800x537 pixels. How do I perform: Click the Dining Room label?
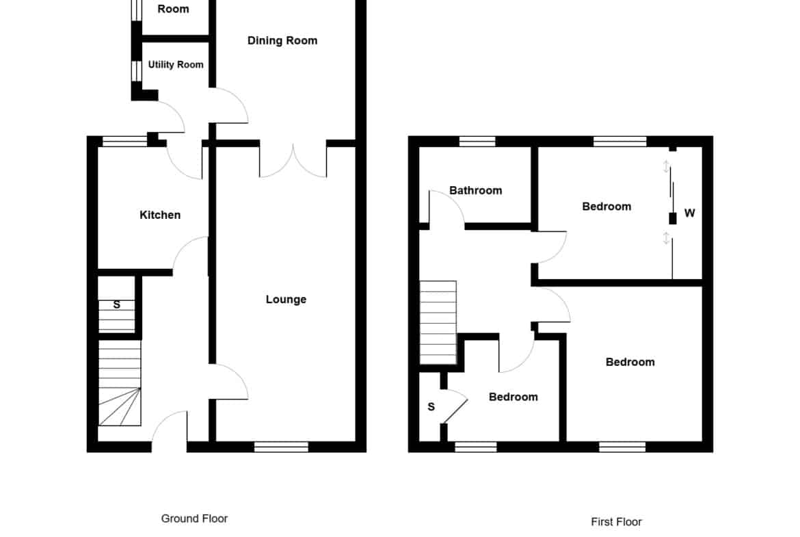(282, 41)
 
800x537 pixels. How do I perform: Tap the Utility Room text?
(176, 65)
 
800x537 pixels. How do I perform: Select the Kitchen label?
(160, 215)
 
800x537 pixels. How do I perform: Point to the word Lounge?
(286, 300)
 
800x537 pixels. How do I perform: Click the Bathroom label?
(475, 190)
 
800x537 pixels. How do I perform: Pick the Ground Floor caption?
(194, 519)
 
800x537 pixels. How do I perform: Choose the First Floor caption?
(616, 522)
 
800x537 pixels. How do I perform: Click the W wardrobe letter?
(689, 213)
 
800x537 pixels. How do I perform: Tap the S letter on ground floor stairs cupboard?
(117, 304)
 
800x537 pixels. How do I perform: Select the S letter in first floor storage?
(431, 407)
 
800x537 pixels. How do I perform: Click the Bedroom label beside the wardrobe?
(606, 207)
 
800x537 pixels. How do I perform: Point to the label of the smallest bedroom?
(514, 397)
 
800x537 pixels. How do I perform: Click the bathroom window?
(477, 142)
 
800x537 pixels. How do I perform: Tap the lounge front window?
(282, 447)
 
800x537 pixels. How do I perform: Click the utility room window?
(136, 71)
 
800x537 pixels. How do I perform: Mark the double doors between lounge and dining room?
(293, 161)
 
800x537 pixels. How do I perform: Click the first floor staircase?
(438, 323)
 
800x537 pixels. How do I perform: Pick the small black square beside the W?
(672, 218)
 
